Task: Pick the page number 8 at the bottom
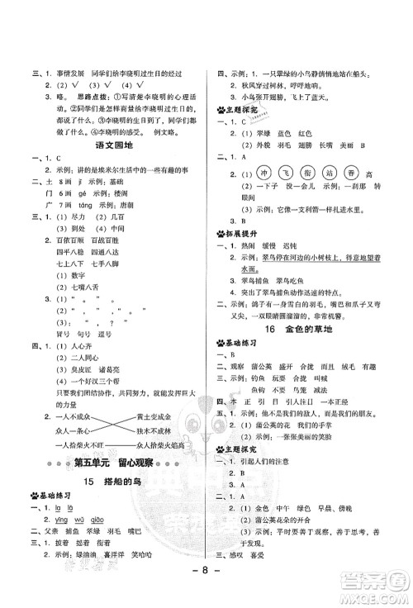[x=206, y=593]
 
